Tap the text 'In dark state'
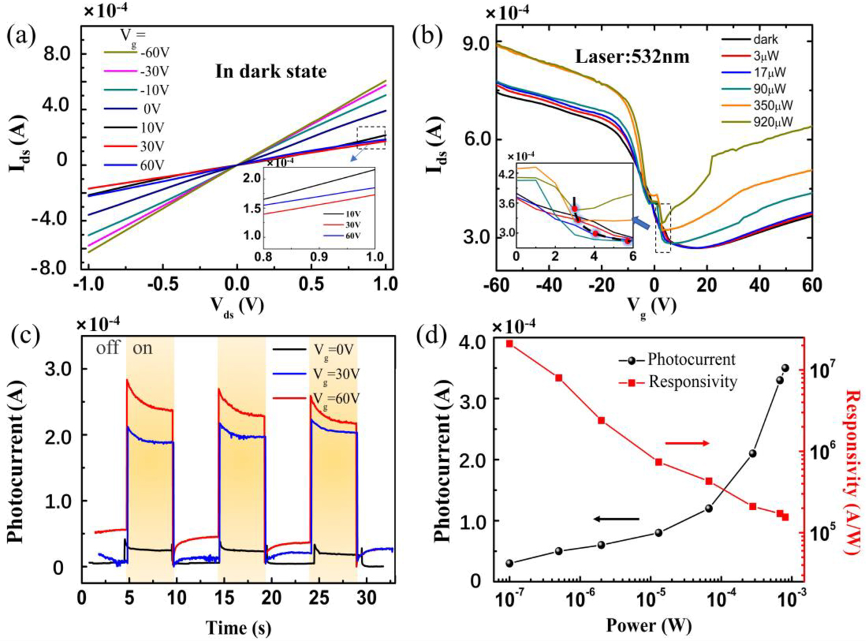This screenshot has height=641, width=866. click(x=271, y=71)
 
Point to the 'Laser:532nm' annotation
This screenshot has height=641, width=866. click(x=632, y=57)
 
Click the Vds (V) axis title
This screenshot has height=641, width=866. click(x=237, y=304)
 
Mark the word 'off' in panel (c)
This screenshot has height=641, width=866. click(x=108, y=348)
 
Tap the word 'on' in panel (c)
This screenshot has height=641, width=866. click(x=143, y=348)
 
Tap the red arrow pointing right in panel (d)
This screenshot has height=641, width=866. click(x=687, y=444)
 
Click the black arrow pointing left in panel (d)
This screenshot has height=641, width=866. click(x=616, y=519)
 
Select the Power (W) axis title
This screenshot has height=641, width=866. click(x=648, y=625)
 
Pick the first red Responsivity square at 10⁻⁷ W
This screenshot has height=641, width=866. click(x=510, y=344)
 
